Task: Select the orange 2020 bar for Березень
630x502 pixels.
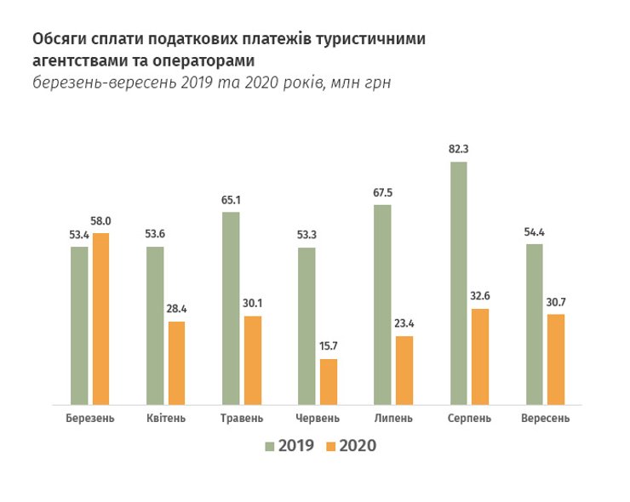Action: click(101, 319)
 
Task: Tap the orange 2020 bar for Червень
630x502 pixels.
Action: click(328, 382)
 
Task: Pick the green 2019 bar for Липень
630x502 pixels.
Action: click(382, 305)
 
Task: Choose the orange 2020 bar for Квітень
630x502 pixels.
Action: click(176, 363)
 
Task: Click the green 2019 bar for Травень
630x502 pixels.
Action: click(231, 308)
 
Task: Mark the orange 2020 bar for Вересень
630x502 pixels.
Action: click(556, 360)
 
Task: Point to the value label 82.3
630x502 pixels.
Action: click(459, 149)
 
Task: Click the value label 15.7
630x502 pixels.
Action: click(328, 347)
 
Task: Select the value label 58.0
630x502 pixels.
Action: click(101, 221)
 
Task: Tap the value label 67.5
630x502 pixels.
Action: click(382, 192)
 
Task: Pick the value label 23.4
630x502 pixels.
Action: click(404, 324)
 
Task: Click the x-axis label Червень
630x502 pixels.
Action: click(318, 419)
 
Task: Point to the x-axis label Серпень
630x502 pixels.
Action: click(469, 419)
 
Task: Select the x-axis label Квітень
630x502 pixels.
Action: click(166, 419)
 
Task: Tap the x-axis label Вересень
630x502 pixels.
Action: click(545, 419)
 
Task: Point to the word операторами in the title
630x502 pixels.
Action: click(205, 60)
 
